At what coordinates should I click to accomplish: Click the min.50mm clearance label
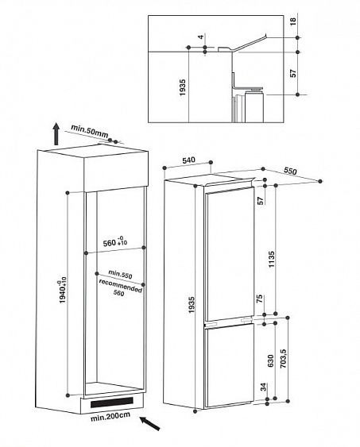tap(90, 130)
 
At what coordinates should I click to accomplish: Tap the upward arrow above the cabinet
tap(56, 133)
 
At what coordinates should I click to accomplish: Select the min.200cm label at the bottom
tap(110, 417)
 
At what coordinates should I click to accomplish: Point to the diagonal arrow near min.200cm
tap(149, 424)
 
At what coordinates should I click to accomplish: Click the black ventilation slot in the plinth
tap(112, 403)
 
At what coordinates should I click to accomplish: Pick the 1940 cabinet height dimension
tap(62, 290)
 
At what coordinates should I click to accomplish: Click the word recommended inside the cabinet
tap(120, 286)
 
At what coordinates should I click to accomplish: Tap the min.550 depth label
tap(120, 274)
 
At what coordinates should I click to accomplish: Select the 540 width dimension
tap(188, 160)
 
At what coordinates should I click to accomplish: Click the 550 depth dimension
tap(290, 171)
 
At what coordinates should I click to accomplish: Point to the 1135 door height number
tap(271, 259)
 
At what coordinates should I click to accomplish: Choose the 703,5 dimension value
tap(283, 358)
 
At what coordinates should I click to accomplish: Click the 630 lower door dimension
tap(271, 360)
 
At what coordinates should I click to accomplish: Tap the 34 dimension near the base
tap(263, 387)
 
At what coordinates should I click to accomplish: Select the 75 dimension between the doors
tap(260, 299)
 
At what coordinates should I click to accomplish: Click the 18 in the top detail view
tap(293, 21)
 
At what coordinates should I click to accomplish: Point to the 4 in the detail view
tap(201, 37)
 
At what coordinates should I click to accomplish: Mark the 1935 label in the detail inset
tap(182, 87)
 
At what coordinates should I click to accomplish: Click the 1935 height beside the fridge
tap(192, 305)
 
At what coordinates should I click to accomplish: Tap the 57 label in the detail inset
tap(293, 73)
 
